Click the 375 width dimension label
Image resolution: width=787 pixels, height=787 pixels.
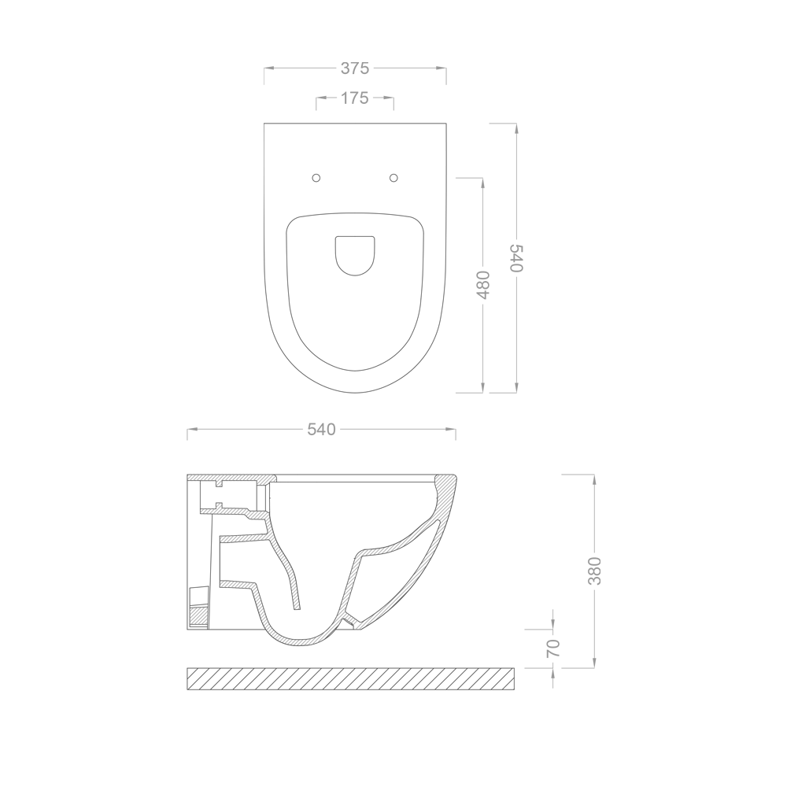(355, 68)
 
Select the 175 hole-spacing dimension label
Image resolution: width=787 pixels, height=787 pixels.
(355, 98)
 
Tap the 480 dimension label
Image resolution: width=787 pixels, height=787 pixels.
(482, 285)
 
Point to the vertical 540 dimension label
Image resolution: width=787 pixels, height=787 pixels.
(516, 258)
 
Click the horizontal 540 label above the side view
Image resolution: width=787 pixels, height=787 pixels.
(321, 430)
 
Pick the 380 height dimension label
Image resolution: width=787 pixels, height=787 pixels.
(594, 571)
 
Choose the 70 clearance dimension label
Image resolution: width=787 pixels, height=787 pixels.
(552, 648)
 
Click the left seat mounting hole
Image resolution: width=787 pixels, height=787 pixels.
(316, 178)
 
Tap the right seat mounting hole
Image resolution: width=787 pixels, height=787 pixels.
(394, 178)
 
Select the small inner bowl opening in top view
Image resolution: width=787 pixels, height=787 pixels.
(355, 256)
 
